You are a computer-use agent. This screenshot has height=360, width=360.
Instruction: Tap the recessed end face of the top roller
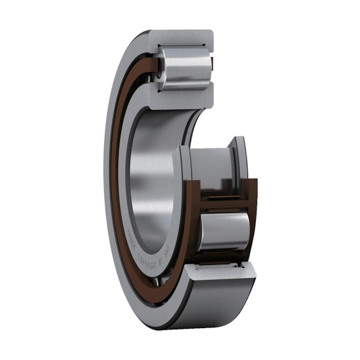(x=160, y=67)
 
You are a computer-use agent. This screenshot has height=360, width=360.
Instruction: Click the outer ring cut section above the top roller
(x=181, y=37)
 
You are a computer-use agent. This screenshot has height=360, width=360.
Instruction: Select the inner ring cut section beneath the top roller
(x=181, y=99)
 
